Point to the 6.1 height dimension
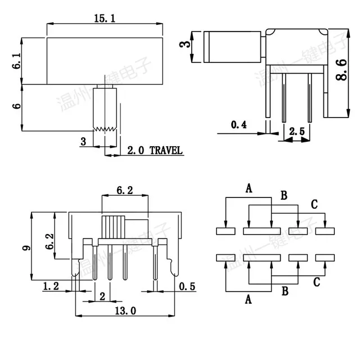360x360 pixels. pyautogui.click(x=16, y=61)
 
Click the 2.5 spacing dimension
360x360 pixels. pyautogui.click(x=296, y=132)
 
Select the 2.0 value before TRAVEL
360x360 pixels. pyautogui.click(x=136, y=150)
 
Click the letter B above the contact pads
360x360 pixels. pyautogui.click(x=283, y=195)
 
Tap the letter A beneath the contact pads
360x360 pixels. pyautogui.click(x=247, y=300)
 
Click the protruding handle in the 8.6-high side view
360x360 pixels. pyautogui.click(x=233, y=47)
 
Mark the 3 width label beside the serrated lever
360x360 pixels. pyautogui.click(x=83, y=142)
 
